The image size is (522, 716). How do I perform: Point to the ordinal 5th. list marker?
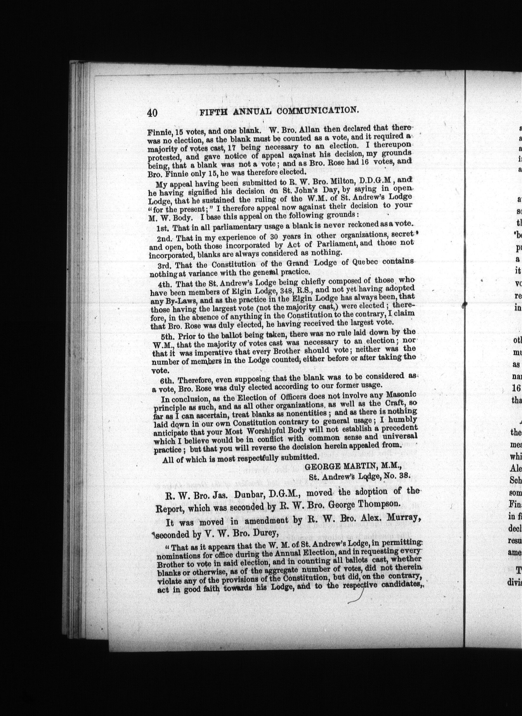tap(164, 335)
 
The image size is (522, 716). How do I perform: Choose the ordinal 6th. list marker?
tap(164, 379)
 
